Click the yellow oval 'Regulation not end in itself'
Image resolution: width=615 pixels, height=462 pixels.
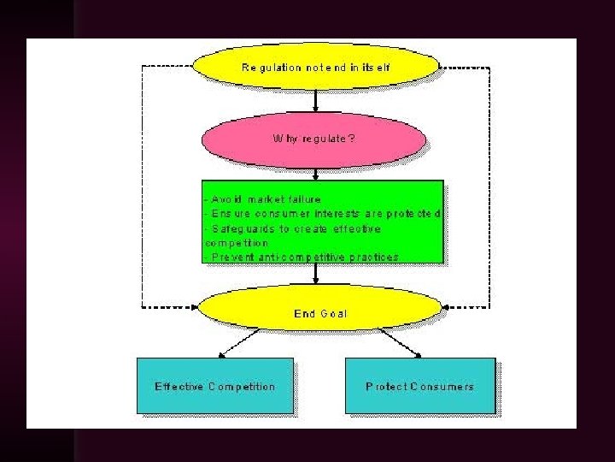(x=316, y=66)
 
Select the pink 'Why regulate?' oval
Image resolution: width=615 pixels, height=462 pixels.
(x=313, y=138)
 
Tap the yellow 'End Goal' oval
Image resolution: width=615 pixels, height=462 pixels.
(x=319, y=314)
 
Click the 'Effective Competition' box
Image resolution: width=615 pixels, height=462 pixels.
(x=214, y=386)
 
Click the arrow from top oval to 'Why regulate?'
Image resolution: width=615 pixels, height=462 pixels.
(x=316, y=102)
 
